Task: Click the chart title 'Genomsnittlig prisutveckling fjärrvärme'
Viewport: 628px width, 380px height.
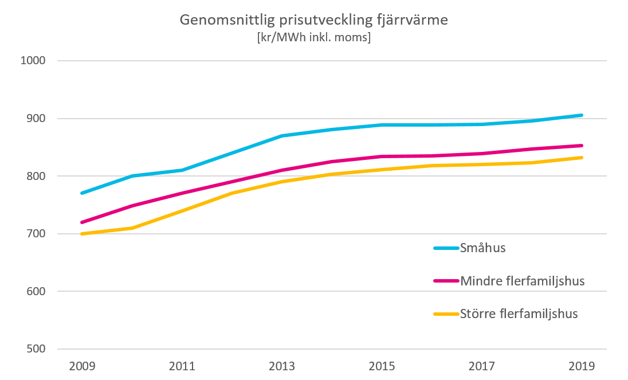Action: point(313,20)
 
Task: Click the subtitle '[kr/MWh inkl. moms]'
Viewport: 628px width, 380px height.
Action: point(313,38)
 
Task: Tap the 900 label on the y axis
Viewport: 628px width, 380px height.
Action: point(35,119)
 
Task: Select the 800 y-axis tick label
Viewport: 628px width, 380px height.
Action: point(35,176)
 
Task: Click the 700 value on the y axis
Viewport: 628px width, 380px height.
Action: point(35,234)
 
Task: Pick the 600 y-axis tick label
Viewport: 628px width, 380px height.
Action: point(35,291)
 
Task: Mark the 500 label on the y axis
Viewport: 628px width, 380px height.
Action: point(35,349)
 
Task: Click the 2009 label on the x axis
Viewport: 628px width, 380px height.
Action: point(83,366)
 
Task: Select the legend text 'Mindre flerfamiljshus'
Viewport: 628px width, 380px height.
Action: point(522,281)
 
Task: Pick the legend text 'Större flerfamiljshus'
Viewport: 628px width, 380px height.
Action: point(519,314)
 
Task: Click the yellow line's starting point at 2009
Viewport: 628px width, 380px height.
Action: point(83,234)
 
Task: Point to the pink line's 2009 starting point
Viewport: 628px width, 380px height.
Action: point(83,222)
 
